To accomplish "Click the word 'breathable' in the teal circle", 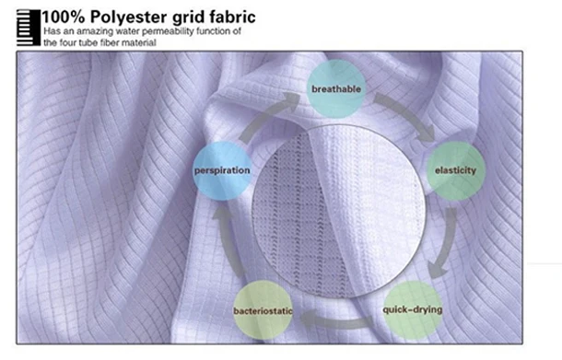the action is [336, 88].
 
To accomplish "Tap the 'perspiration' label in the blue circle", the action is [222, 170].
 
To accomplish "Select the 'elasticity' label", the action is [455, 170].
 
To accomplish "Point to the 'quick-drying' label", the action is [413, 309].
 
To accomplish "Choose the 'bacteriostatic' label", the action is [263, 311].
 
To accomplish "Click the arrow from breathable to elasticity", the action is [407, 114].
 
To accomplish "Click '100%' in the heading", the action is [64, 17].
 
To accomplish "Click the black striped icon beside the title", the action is [29, 28].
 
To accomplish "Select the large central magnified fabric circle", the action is [339, 212].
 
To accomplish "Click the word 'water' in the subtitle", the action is [129, 31].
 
